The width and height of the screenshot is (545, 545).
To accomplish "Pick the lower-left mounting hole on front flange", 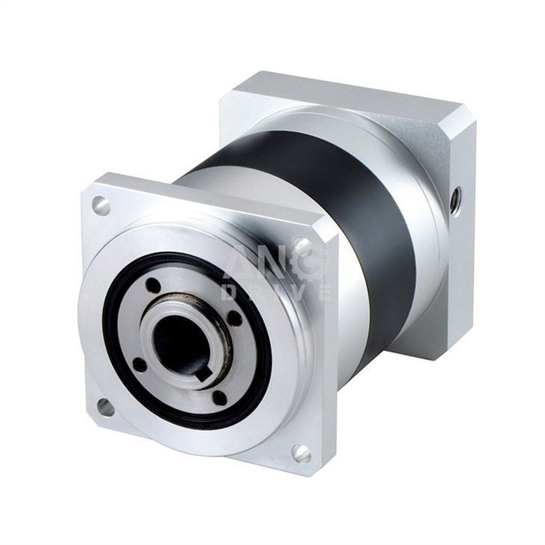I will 105,407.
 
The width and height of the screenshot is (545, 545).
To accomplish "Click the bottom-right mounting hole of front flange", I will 301,452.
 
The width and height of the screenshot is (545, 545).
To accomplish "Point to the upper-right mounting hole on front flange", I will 302,245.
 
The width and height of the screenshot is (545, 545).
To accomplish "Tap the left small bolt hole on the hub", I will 139,364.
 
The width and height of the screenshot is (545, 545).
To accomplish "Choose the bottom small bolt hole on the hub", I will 219,396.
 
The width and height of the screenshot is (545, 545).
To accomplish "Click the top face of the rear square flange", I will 351,93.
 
